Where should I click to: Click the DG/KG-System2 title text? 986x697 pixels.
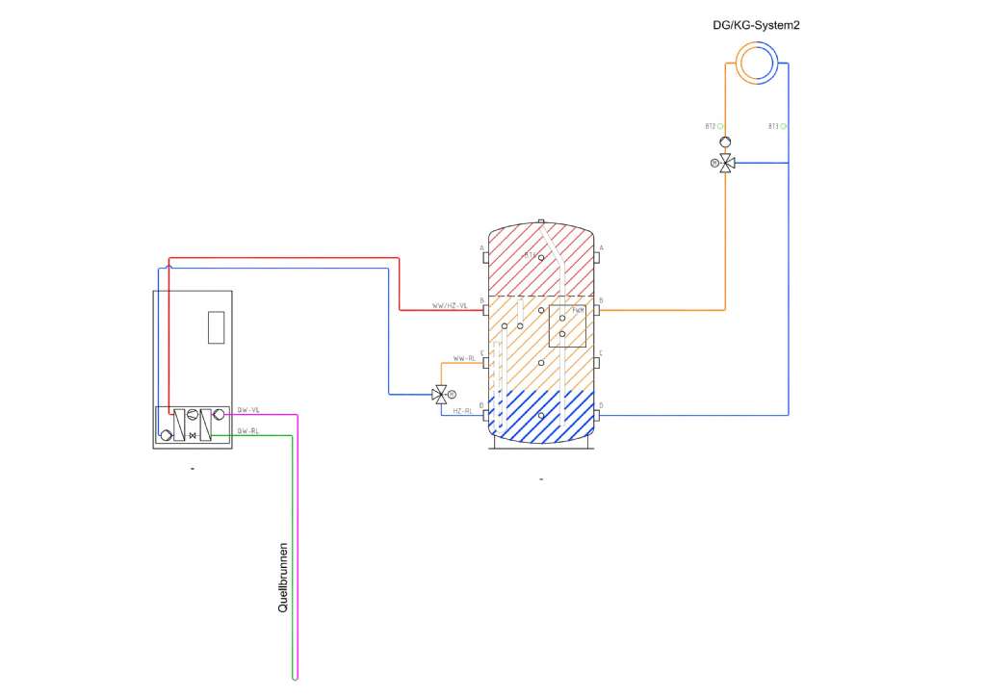pyautogui.click(x=749, y=26)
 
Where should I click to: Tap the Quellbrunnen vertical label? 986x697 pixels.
pyautogui.click(x=283, y=577)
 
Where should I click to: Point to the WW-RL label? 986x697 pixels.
pyautogui.click(x=464, y=358)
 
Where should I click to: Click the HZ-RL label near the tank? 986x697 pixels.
pyautogui.click(x=462, y=410)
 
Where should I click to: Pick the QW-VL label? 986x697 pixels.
pyautogui.click(x=248, y=410)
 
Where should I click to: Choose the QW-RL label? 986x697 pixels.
pyautogui.click(x=248, y=430)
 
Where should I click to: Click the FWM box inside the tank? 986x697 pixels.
pyautogui.click(x=567, y=325)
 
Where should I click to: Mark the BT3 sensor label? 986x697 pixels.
pyautogui.click(x=773, y=126)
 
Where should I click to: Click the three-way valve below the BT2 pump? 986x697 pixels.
pyautogui.click(x=725, y=163)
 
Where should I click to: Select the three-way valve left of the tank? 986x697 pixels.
pyautogui.click(x=440, y=394)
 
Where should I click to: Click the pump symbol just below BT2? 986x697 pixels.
pyautogui.click(x=725, y=143)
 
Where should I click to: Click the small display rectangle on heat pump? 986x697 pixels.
pyautogui.click(x=216, y=327)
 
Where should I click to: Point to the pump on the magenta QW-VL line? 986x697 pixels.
pyautogui.click(x=219, y=415)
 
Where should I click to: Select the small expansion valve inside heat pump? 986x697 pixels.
pyautogui.click(x=193, y=436)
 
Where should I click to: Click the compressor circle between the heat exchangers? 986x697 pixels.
pyautogui.click(x=193, y=415)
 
